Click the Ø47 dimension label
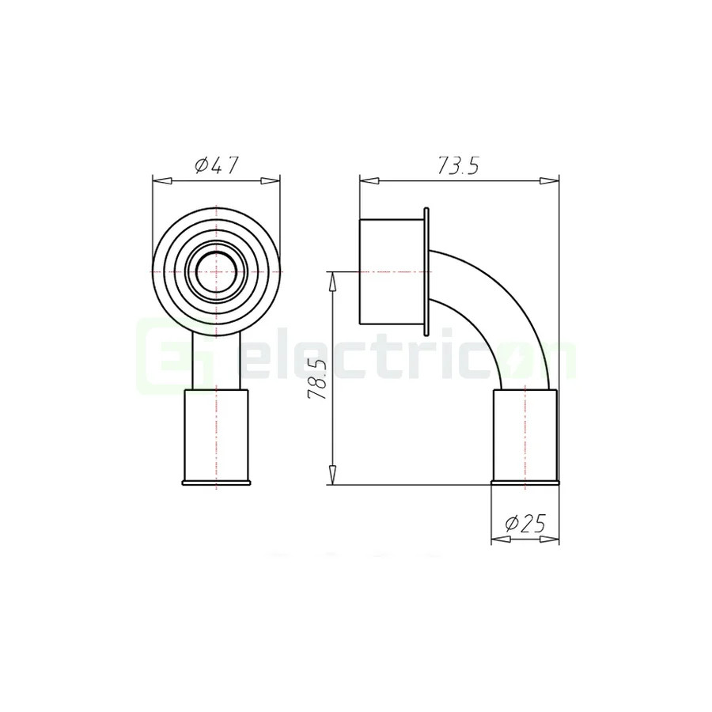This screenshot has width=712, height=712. pyautogui.click(x=216, y=166)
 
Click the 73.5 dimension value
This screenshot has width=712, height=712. pyautogui.click(x=459, y=166)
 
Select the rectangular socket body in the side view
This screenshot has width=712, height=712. pyautogui.click(x=392, y=271)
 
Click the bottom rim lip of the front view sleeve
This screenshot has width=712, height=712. pyautogui.click(x=216, y=482)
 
